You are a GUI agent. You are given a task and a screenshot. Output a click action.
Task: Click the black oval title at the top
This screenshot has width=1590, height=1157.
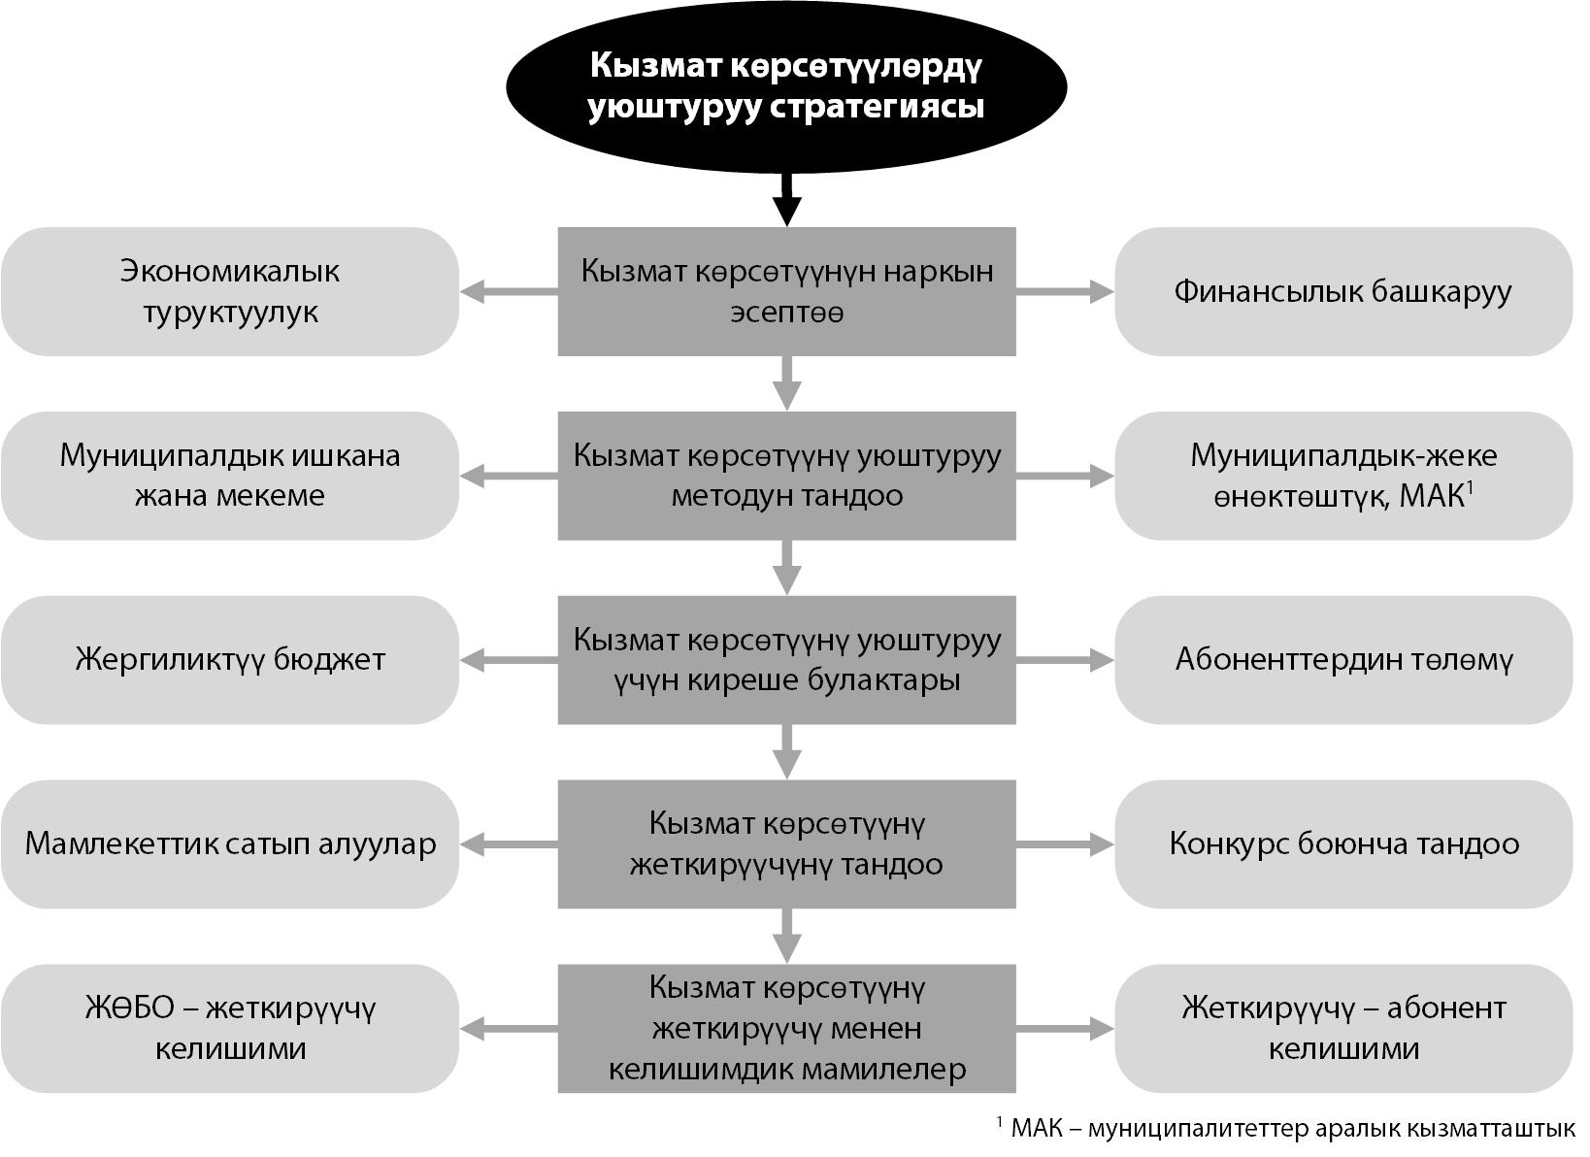point(786,86)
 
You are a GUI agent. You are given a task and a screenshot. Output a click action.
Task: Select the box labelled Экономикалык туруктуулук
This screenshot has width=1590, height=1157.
point(230,292)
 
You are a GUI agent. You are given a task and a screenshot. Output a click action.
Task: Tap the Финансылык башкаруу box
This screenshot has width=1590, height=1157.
point(1343,292)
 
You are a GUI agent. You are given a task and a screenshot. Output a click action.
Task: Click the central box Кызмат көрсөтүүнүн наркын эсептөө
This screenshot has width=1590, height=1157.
point(786,292)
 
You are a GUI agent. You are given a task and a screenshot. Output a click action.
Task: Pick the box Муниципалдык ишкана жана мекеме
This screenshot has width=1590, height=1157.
point(230,476)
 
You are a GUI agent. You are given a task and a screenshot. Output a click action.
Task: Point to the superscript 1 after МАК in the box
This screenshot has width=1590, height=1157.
point(1471,486)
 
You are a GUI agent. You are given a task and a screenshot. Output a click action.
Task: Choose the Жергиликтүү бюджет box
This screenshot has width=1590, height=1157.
point(230,660)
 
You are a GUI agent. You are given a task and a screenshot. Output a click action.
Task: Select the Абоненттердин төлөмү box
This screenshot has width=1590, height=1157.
point(1343,660)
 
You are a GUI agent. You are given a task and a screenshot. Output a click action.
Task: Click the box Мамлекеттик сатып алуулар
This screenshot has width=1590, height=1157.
point(230,844)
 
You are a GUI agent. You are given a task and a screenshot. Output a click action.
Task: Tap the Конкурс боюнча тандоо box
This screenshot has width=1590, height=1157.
point(1343,844)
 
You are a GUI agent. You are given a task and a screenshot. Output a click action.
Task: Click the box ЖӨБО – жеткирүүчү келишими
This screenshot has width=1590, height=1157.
point(230,1029)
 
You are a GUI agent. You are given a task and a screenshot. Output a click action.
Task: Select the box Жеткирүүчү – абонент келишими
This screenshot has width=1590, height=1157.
point(1343,1029)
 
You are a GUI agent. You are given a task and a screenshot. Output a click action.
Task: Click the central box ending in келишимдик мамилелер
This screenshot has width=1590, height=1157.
point(786,1029)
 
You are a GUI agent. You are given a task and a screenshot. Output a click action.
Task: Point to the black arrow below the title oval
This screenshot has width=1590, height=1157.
point(786,199)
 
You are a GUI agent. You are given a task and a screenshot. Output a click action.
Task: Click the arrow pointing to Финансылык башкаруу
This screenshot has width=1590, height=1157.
point(1065,292)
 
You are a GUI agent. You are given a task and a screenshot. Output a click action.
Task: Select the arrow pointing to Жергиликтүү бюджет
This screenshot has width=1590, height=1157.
point(509,660)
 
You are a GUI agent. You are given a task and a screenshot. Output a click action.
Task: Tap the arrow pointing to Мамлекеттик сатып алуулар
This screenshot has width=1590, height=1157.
point(509,844)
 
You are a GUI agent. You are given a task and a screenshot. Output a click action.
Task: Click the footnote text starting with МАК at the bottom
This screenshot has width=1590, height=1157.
point(1293,1129)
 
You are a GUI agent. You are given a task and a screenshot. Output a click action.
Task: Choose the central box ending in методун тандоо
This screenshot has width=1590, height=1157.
point(786,476)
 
